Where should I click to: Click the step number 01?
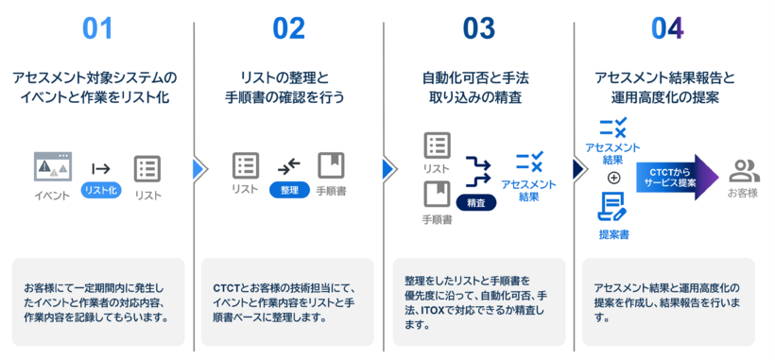pos(97,28)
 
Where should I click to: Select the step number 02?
pos(288,28)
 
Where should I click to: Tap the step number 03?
pos(478,28)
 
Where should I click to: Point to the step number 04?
pos(667,28)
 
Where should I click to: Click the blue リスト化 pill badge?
pos(101,191)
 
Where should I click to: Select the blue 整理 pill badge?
pos(289,190)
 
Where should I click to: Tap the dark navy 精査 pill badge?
pos(476,202)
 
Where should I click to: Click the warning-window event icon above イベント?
pos(53,166)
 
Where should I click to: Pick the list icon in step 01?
pos(147,168)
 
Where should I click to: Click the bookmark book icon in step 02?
pos(331,165)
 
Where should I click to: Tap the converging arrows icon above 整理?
pos(289,167)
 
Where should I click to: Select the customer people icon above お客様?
pos(745,170)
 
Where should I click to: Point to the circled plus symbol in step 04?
pos(613,178)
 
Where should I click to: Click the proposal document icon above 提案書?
pos(611,207)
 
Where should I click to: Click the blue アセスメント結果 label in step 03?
pos(529,190)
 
